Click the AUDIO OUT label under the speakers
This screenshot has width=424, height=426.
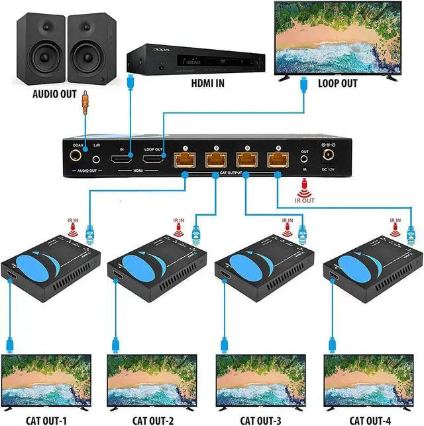click(x=55, y=94)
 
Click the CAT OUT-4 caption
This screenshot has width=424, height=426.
click(x=365, y=419)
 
